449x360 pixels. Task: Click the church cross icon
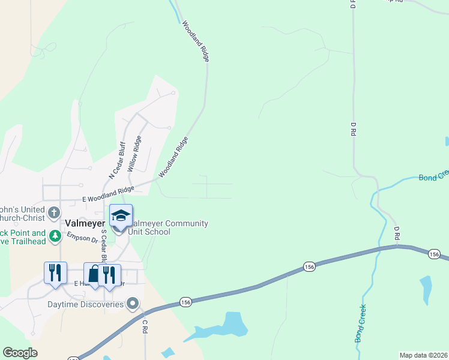pyautogui.click(x=54, y=212)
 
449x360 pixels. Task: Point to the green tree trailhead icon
pyautogui.click(x=55, y=236)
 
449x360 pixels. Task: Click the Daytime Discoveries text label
pyautogui.click(x=86, y=304)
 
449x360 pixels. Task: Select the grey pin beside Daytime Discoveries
pyautogui.click(x=134, y=304)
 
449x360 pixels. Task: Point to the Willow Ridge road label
pyautogui.click(x=134, y=154)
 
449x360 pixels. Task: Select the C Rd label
pyautogui.click(x=145, y=326)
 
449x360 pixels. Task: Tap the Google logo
pyautogui.click(x=20, y=353)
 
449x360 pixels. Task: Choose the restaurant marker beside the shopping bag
pyautogui.click(x=109, y=275)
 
